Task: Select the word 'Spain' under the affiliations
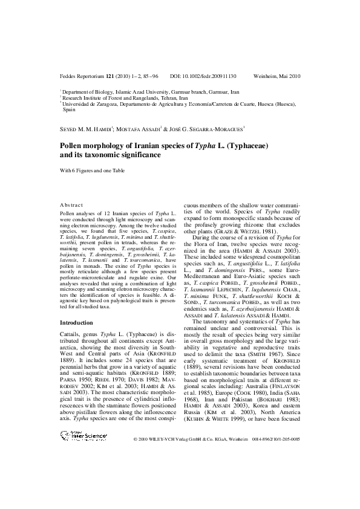pyautogui.click(x=70, y=111)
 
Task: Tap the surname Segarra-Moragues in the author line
pyautogui.click(x=212, y=129)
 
